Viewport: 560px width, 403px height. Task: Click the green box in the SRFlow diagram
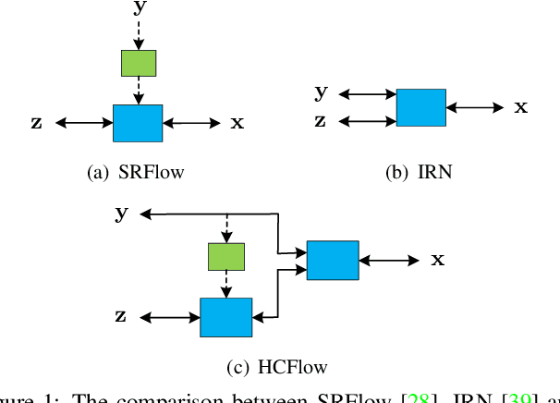(139, 62)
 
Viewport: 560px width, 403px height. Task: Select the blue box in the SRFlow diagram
(138, 123)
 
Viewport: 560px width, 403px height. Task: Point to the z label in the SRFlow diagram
(36, 123)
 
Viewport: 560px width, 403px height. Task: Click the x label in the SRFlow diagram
(237, 123)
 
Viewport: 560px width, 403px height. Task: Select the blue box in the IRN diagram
(420, 107)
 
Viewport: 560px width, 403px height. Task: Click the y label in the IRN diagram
(321, 91)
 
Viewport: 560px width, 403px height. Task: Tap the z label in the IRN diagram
(321, 120)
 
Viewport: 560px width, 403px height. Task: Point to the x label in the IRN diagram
(521, 107)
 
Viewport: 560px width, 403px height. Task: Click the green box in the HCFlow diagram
(226, 256)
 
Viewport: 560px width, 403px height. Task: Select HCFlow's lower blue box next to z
(226, 317)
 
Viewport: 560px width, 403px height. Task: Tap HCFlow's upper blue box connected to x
(333, 260)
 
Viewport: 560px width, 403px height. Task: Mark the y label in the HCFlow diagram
(121, 214)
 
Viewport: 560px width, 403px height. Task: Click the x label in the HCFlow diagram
(438, 260)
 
